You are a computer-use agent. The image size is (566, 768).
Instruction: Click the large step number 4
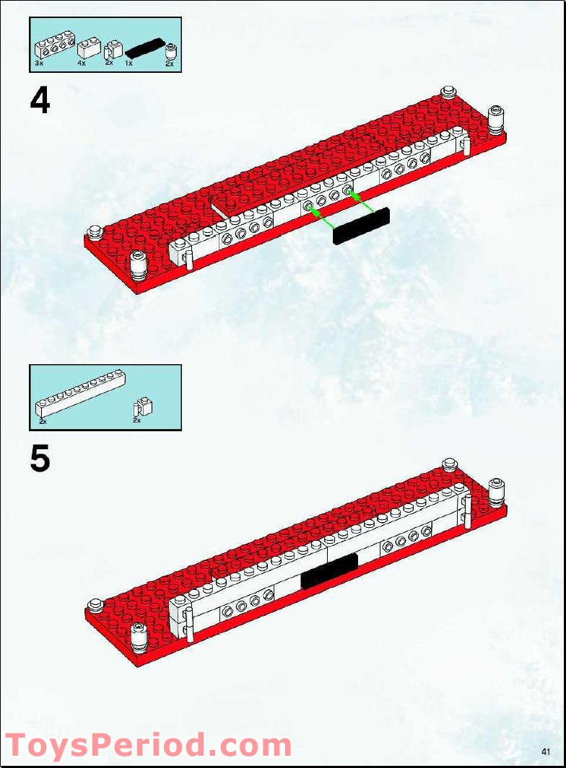pyautogui.click(x=40, y=101)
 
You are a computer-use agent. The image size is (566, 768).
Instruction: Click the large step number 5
pyautogui.click(x=40, y=459)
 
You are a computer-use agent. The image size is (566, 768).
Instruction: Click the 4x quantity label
pyautogui.click(x=82, y=63)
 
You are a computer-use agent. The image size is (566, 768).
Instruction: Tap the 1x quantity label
pyautogui.click(x=129, y=63)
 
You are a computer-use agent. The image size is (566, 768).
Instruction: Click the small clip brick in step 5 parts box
pyautogui.click(x=143, y=406)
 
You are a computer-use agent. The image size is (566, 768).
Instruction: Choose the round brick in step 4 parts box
pyautogui.click(x=170, y=51)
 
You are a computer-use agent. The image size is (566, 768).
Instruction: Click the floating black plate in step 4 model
pyautogui.click(x=361, y=226)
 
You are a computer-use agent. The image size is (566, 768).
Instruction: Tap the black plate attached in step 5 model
pyautogui.click(x=329, y=570)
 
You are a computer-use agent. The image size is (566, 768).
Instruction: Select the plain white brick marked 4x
pyautogui.click(x=87, y=49)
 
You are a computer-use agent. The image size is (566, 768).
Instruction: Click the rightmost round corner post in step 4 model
pyautogui.click(x=496, y=119)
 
